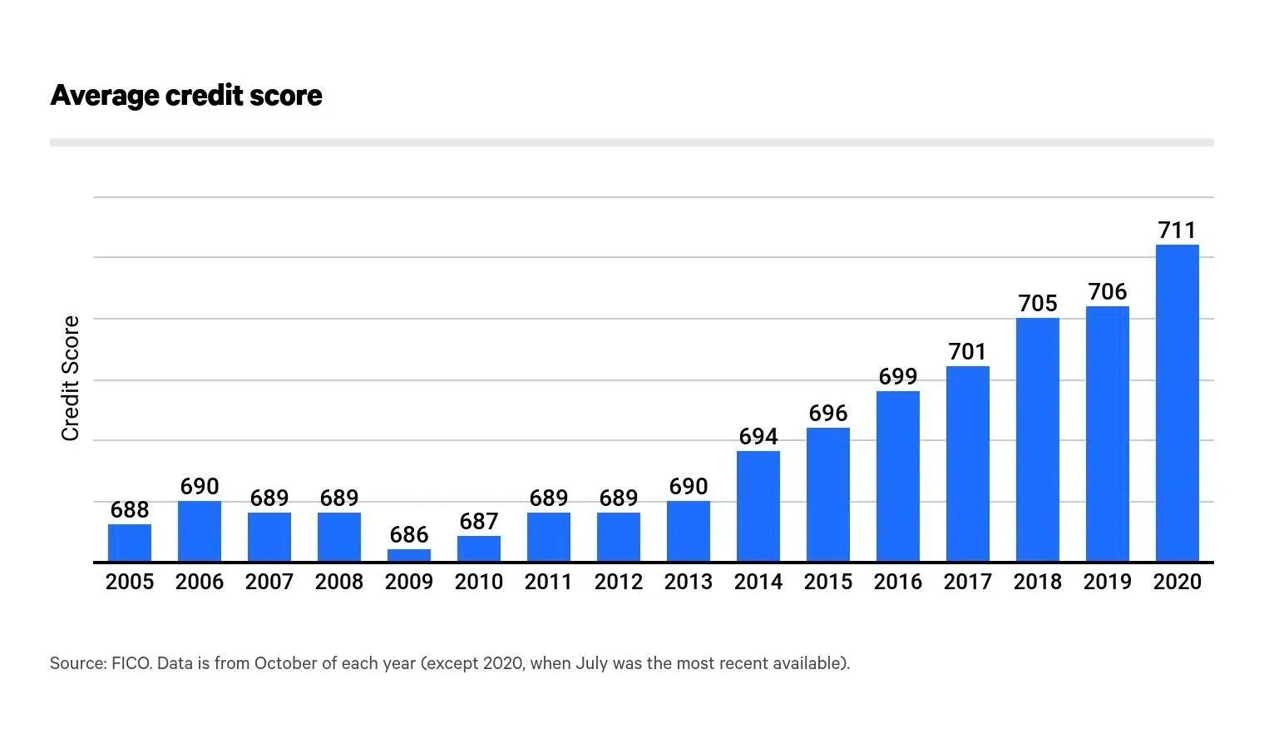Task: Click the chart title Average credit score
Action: tap(186, 95)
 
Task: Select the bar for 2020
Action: tap(1177, 404)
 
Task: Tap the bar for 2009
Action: tap(409, 555)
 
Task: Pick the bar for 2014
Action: tap(758, 506)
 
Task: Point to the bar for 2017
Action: tap(968, 464)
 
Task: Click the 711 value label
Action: tap(1177, 230)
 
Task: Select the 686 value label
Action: tap(409, 534)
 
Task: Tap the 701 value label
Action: tap(968, 351)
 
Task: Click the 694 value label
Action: tap(758, 436)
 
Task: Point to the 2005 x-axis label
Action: tap(130, 582)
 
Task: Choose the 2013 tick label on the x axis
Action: tap(689, 582)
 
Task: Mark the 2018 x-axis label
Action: tap(1038, 582)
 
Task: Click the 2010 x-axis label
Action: tap(479, 582)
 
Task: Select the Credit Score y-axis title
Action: tap(71, 379)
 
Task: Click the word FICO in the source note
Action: tap(131, 663)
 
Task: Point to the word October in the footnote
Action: tap(286, 663)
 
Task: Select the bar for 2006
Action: tap(200, 531)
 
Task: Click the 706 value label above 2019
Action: tap(1108, 291)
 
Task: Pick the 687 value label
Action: tap(479, 521)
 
